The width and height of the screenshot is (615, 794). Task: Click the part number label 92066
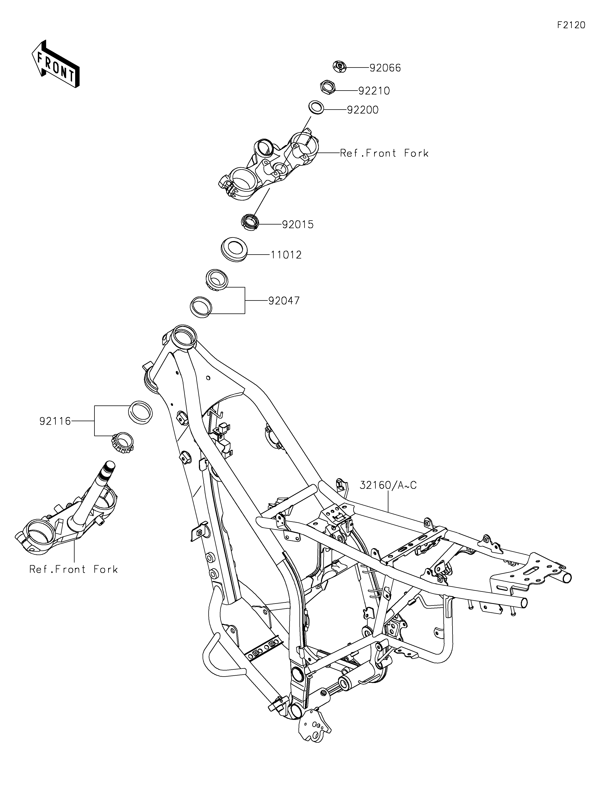pyautogui.click(x=385, y=68)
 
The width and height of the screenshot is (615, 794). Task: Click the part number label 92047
pyautogui.click(x=284, y=301)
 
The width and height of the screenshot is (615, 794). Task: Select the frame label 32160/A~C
pyautogui.click(x=388, y=485)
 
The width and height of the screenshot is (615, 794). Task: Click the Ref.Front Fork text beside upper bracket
pyautogui.click(x=384, y=153)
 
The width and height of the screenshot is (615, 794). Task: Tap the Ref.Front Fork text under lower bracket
pyautogui.click(x=74, y=569)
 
